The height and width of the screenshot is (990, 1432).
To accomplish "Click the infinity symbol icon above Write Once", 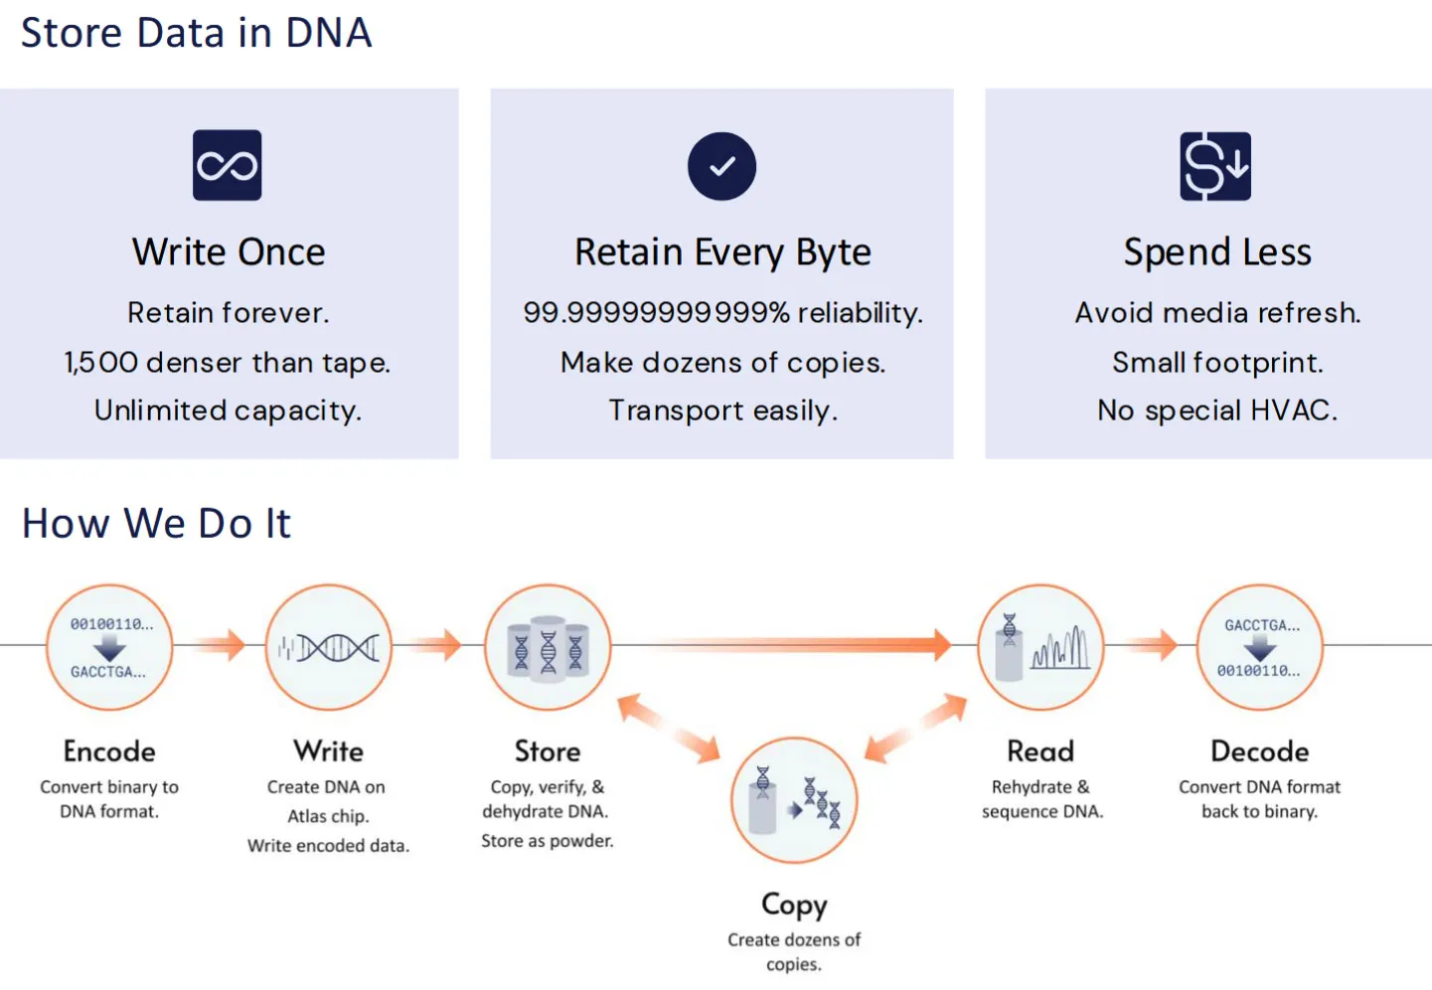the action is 227,165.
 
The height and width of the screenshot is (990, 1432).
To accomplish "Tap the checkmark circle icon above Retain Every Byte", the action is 721,166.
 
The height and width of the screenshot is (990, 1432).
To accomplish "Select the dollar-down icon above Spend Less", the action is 1215,166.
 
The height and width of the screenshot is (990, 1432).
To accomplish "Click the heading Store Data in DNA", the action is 196,33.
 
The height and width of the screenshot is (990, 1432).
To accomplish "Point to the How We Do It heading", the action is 157,523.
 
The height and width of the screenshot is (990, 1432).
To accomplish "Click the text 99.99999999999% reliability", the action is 722,313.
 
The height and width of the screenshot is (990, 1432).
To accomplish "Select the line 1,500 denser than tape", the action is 228,363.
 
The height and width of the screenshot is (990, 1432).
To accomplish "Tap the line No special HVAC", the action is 1217,410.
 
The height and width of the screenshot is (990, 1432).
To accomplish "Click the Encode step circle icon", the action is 109,647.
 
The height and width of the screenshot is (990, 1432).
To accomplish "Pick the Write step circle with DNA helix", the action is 329,647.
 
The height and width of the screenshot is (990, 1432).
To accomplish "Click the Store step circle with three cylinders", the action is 548,647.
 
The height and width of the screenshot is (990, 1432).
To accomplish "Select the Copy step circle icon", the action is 794,800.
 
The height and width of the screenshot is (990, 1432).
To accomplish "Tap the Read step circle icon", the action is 1040,647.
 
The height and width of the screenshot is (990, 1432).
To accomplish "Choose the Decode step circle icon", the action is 1260,647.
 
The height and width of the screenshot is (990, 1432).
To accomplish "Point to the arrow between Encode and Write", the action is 220,645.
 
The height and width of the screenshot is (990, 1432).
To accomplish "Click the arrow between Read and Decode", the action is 1152,645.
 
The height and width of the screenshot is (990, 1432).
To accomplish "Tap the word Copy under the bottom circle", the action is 794,905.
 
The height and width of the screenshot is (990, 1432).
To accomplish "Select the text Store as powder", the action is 548,841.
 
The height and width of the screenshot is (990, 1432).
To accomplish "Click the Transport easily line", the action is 723,410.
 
